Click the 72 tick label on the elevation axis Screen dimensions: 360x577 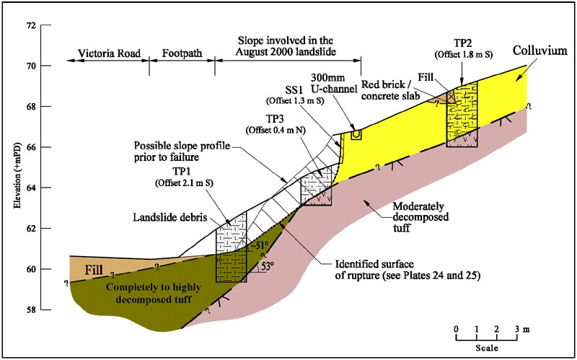30,25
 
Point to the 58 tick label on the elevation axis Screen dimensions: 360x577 30,310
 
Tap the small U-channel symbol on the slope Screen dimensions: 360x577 356,135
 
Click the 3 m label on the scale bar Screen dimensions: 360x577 519,329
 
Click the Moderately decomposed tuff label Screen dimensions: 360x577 420,216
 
